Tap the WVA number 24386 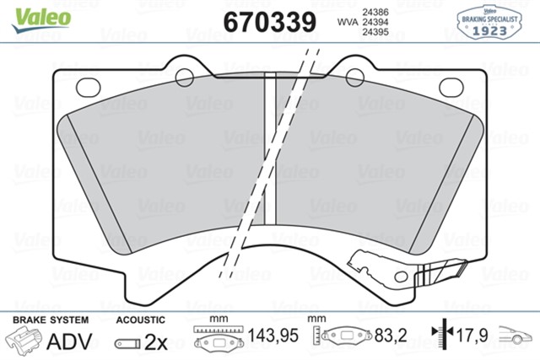point(376,11)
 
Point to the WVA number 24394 point(376,23)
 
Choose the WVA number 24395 point(376,35)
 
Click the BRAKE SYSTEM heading point(48,320)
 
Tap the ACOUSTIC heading point(139,320)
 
